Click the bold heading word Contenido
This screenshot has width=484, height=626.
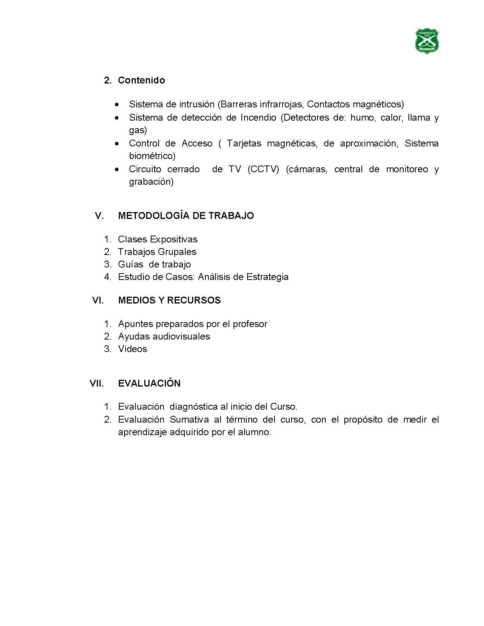pos(141,80)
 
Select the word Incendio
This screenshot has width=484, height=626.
pos(258,118)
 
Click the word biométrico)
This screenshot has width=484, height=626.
pos(152,156)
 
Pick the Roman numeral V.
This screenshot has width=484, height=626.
pos(99,215)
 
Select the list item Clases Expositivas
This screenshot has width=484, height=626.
pos(158,239)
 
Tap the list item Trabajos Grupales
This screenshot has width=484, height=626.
pos(157,252)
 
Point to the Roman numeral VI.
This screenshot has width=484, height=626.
pos(98,300)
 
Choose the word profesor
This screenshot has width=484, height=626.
pos(250,324)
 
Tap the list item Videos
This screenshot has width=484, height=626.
pos(132,349)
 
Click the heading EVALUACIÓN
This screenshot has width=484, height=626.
pos(149,383)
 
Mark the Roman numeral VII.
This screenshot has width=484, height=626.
pos(97,383)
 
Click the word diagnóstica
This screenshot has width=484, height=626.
pos(194,407)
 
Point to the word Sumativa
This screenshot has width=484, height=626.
pos(189,420)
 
